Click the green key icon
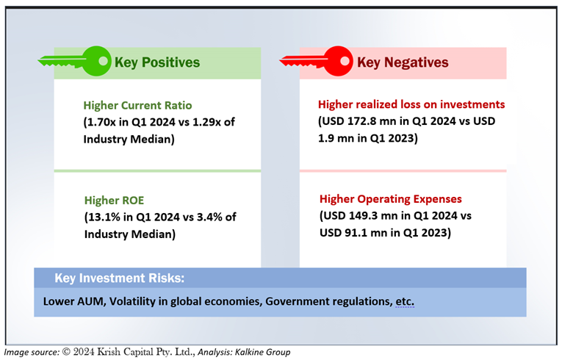75,61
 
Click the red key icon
317,61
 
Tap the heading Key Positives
157,62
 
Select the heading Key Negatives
403,62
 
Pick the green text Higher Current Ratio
137,105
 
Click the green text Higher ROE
114,200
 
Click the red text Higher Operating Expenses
391,199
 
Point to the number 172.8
362,121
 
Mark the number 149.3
364,216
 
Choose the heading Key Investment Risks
119,278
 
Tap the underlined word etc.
405,301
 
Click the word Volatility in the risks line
133,301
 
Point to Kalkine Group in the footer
262,352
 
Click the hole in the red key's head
345,60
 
